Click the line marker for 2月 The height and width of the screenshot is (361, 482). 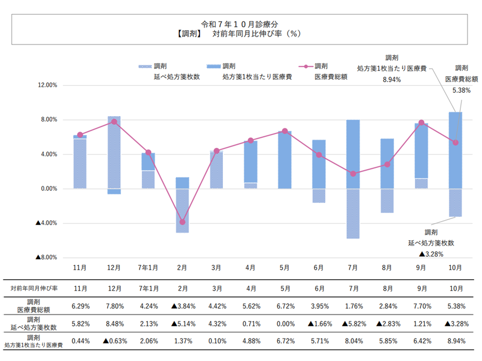183,222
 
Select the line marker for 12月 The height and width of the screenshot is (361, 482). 114,122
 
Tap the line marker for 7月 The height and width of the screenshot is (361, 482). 353,173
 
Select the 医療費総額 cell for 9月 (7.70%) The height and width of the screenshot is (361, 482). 422,306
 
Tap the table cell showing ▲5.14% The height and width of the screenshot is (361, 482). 182,323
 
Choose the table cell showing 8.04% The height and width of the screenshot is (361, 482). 353,341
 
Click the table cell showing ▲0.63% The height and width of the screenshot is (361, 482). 114,341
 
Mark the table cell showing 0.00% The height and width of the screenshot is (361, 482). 285,323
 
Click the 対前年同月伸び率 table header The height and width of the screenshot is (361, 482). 34,288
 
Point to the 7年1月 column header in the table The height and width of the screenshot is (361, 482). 148,288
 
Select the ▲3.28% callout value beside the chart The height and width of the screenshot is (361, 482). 431,254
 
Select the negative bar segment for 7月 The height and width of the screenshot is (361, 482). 353,213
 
